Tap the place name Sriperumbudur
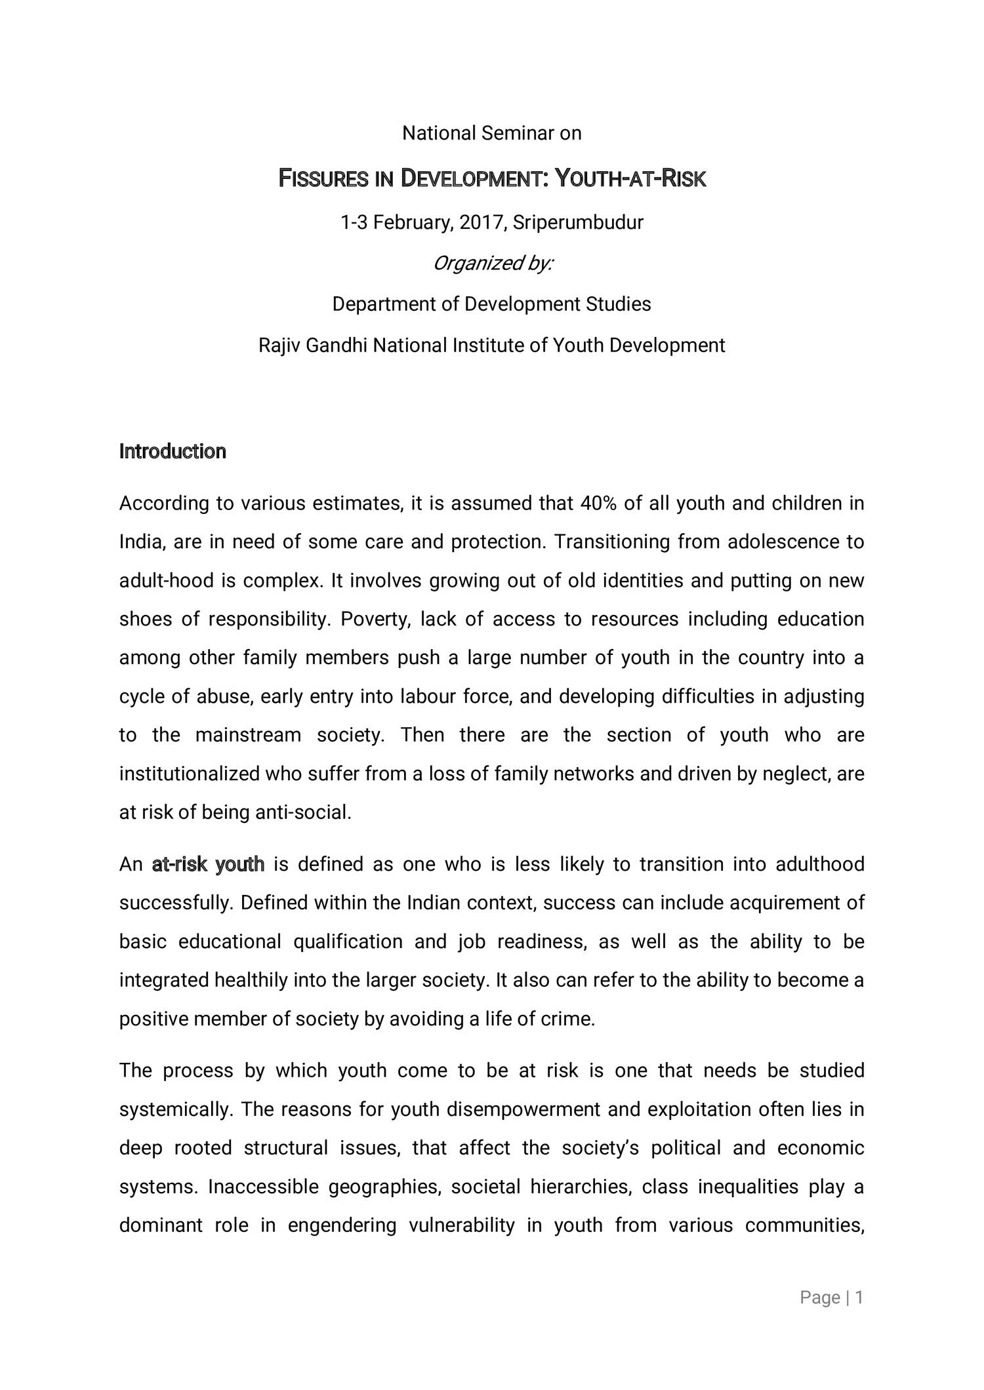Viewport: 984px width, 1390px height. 578,223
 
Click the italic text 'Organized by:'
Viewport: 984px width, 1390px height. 493,264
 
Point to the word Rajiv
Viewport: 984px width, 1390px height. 279,346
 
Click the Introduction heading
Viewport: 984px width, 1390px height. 173,452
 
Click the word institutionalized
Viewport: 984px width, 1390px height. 190,774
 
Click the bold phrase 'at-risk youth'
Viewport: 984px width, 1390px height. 208,865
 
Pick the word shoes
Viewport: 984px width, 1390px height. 144,620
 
